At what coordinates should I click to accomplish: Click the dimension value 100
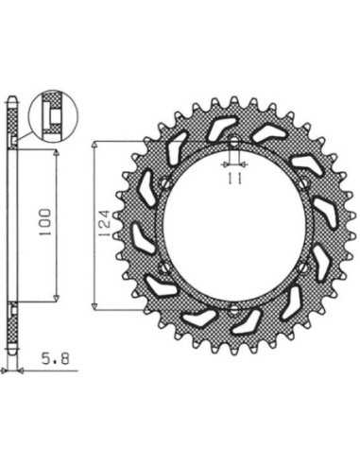click(44, 222)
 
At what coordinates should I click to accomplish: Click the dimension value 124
click(105, 223)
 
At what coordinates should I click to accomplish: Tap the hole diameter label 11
click(234, 179)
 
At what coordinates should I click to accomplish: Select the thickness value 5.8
click(55, 358)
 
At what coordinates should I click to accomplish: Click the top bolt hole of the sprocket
click(233, 142)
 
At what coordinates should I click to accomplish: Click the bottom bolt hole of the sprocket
click(233, 310)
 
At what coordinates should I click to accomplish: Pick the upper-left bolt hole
click(164, 183)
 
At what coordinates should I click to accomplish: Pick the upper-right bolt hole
click(303, 183)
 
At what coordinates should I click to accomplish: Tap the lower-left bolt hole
click(164, 267)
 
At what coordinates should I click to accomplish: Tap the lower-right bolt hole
click(303, 267)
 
